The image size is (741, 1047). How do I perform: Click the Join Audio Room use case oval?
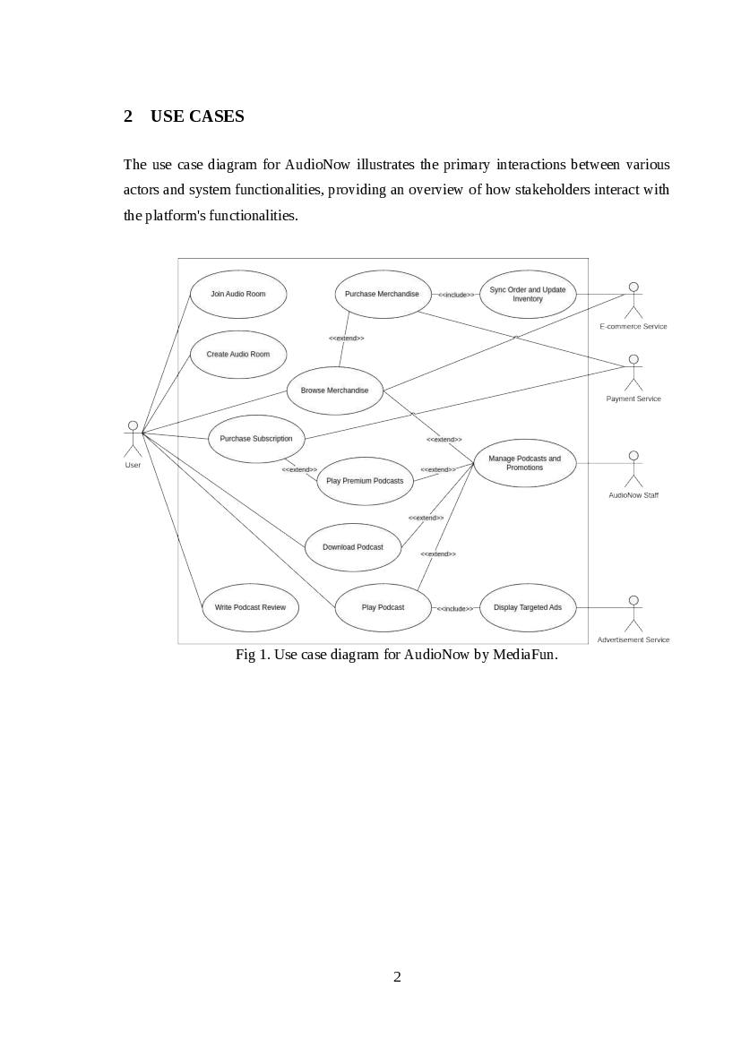click(238, 294)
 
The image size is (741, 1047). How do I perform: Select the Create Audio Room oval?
click(238, 354)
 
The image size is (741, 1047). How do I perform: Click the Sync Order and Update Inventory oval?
click(528, 294)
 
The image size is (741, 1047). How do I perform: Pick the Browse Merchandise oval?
click(334, 390)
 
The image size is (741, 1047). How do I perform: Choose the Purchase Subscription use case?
click(256, 439)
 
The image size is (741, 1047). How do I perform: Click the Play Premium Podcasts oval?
click(365, 481)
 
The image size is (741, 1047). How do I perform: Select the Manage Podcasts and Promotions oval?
click(524, 463)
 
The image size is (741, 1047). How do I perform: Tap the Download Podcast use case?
click(353, 547)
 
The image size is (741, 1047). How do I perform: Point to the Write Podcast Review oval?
click(250, 607)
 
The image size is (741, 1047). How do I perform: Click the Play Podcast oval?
click(383, 607)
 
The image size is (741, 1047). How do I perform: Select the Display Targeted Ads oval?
click(528, 607)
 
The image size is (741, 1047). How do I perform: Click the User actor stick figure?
click(133, 439)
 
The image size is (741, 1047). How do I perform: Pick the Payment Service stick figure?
click(633, 372)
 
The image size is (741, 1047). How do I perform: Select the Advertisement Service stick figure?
click(633, 613)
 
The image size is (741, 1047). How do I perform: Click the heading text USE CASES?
click(197, 116)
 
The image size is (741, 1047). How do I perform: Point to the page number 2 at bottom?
click(397, 976)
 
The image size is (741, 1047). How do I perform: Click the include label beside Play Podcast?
click(455, 608)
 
